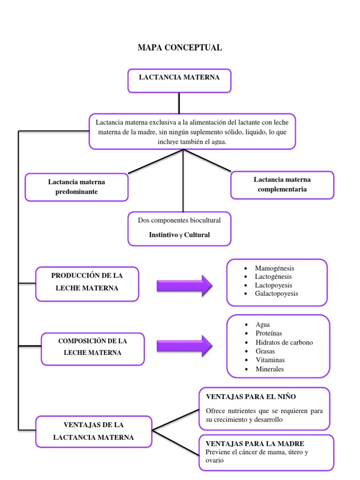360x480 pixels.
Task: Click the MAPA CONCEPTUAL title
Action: [180, 48]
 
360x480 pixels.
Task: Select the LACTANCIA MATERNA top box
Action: [180, 81]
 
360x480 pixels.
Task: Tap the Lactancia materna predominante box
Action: [76, 187]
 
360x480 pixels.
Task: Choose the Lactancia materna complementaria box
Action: [282, 185]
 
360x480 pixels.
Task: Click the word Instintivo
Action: [164, 235]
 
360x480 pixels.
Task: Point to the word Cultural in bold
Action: [197, 235]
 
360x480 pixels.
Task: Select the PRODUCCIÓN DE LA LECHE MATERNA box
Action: [87, 284]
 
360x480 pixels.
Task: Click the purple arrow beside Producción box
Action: [184, 285]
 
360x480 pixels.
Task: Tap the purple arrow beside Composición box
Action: [184, 346]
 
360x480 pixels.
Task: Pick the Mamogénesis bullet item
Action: [275, 269]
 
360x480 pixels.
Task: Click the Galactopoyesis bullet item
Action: [277, 294]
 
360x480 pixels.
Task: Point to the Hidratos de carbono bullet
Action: [284, 343]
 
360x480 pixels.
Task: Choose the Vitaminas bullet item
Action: [270, 360]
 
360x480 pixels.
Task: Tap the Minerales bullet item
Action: [270, 369]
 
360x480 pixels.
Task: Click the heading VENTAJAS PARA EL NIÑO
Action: [251, 397]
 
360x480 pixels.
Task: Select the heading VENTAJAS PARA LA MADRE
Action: [255, 443]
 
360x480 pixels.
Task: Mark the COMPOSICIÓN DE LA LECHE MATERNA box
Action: [93, 348]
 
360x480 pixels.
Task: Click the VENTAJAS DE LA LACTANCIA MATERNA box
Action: [94, 431]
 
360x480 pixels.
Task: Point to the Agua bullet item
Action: [262, 325]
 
